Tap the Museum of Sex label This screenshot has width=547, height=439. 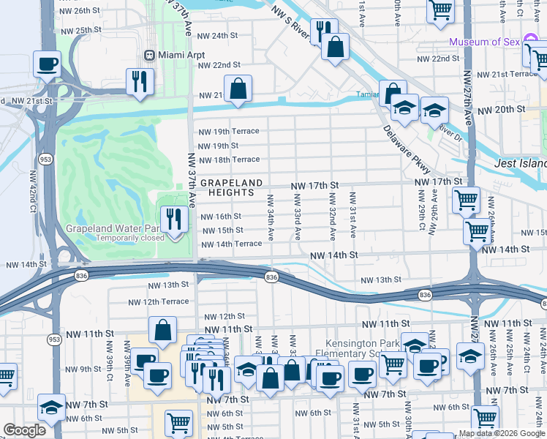(x=483, y=42)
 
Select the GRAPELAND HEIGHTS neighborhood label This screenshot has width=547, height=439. (x=227, y=187)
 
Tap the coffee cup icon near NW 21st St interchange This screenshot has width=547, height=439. (x=48, y=64)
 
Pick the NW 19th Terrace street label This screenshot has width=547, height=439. (x=229, y=132)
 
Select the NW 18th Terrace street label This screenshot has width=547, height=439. (x=229, y=160)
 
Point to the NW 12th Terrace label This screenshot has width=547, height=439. (x=158, y=301)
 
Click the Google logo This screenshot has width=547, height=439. (x=24, y=431)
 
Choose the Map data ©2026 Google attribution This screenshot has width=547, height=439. (x=502, y=433)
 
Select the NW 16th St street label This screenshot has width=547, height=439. (x=219, y=217)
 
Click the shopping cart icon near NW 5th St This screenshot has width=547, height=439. (x=179, y=422)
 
